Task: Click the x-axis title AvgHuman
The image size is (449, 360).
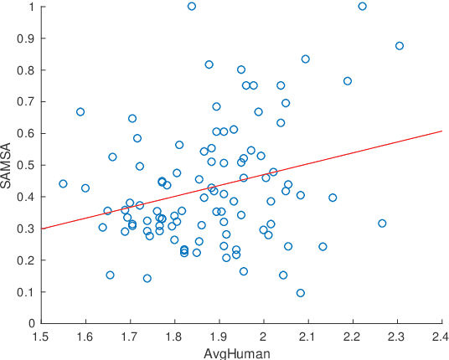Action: pos(240,352)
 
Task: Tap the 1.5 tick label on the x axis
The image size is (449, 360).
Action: pos(40,336)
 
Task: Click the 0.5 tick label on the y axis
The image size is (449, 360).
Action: pos(26,165)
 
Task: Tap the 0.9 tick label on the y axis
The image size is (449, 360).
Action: pos(26,39)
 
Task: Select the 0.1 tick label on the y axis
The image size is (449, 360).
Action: pos(26,291)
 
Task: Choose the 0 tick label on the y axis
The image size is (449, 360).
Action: pos(31,323)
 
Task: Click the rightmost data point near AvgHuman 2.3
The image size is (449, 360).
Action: pos(400,46)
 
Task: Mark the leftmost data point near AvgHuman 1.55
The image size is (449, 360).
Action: pos(63,183)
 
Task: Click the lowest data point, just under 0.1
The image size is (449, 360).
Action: pos(301,293)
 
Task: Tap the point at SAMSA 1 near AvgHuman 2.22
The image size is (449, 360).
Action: pos(363,6)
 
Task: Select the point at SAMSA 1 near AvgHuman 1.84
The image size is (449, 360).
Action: pos(192,6)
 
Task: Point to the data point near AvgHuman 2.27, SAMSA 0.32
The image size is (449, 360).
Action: pos(382,224)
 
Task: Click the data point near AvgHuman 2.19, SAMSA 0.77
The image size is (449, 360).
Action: pos(348,81)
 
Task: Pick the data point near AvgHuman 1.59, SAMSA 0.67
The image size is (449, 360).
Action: pos(80,111)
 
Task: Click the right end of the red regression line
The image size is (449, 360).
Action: pos(441,131)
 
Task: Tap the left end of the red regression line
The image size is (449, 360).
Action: pos(40,228)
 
